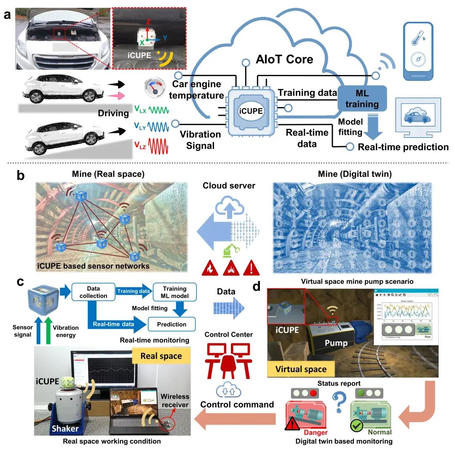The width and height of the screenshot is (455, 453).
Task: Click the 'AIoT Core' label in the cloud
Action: pos(284,59)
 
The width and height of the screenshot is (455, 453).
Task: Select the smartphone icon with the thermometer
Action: pos(420,51)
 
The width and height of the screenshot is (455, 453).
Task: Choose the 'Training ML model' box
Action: pos(174,292)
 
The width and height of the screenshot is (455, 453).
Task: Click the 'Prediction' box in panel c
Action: pos(172,324)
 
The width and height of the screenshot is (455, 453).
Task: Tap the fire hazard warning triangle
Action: pos(210,267)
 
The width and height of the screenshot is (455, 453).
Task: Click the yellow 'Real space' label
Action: pos(161,356)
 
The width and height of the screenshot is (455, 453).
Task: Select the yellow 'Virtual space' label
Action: pos(301,369)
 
